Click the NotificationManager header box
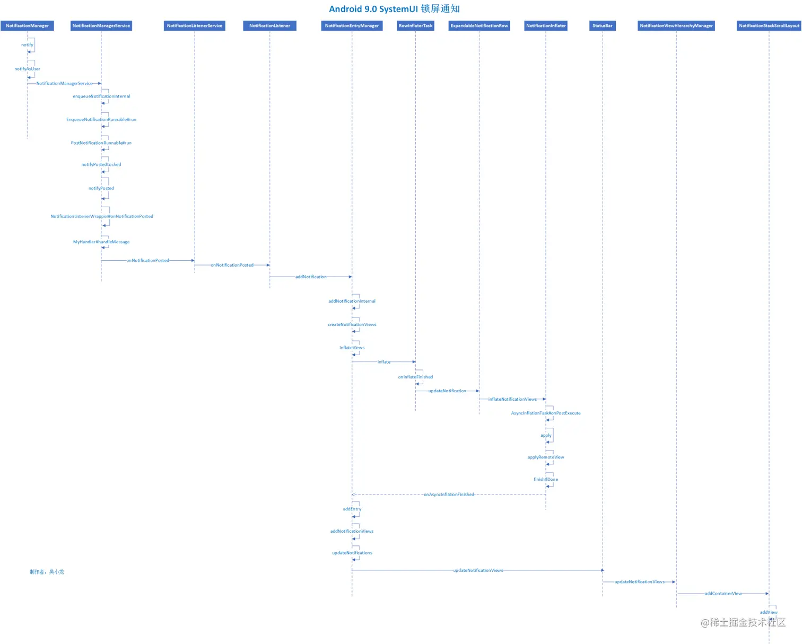(27, 25)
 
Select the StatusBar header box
(602, 25)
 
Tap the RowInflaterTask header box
(415, 25)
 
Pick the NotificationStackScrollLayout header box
(769, 25)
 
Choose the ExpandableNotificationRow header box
(479, 25)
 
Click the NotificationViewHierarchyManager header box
(676, 25)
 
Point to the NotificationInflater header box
(546, 25)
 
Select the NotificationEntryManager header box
(352, 25)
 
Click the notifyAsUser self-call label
(27, 69)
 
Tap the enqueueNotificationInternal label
(101, 96)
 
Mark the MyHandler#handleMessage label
(101, 242)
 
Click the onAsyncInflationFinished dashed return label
(449, 495)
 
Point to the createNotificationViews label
(352, 324)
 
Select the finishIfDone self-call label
(546, 479)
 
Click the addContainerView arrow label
(723, 594)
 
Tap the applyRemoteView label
(546, 457)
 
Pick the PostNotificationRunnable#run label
(101, 143)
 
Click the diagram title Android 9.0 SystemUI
(394, 9)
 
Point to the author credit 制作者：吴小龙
(47, 572)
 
